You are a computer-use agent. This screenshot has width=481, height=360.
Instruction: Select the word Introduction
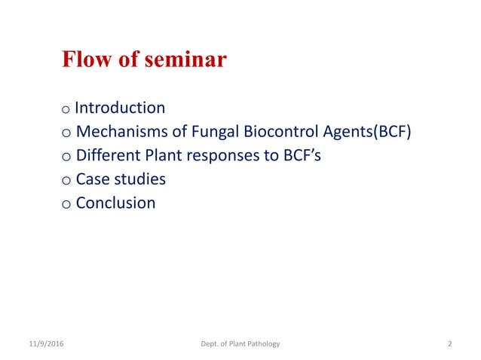coord(120,108)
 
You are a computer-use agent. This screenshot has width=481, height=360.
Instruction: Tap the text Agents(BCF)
coord(369,132)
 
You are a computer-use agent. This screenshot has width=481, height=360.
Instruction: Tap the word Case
coord(93,179)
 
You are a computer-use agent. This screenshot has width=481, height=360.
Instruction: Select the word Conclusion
coord(116,203)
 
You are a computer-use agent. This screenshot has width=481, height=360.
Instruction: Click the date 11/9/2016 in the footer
coord(45,343)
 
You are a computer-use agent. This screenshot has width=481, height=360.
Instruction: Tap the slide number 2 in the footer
coord(449,343)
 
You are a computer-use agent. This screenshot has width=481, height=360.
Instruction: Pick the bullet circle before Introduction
coord(67,110)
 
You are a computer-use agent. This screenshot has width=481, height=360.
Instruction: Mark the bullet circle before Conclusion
coord(67,205)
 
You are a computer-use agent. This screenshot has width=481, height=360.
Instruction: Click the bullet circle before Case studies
coord(67,182)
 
